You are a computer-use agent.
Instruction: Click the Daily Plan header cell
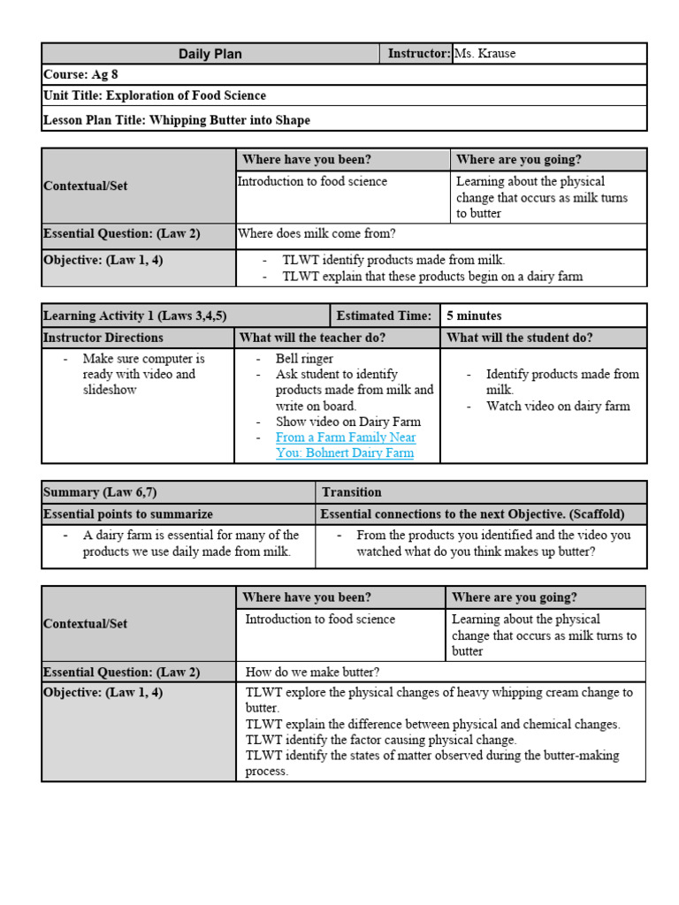click(210, 54)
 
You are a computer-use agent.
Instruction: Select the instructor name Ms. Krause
click(484, 54)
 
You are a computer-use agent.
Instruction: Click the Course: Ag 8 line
click(80, 75)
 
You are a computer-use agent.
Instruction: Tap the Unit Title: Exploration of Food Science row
click(155, 95)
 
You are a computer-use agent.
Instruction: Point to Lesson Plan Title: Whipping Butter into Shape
click(177, 119)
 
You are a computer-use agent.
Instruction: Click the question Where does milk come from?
click(317, 234)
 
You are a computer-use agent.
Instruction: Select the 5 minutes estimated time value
click(474, 316)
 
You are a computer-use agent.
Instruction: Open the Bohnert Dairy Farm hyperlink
click(345, 445)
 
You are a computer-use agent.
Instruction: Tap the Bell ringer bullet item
click(304, 359)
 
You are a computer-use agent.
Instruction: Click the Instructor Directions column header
click(103, 338)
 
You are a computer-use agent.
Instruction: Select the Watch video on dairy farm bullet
click(558, 407)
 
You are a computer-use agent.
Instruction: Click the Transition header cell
click(352, 492)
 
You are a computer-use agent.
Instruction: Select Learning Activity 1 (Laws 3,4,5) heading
click(134, 316)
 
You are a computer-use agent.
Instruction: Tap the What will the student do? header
click(520, 338)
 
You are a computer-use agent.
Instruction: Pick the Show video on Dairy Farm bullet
click(347, 422)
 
